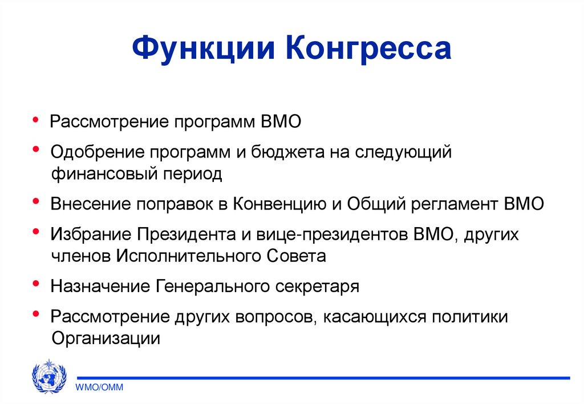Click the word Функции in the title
pyautogui.click(x=206, y=49)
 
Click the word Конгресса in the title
pyautogui.click(x=372, y=49)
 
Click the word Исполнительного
pyautogui.click(x=189, y=255)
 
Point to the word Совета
pyautogui.click(x=296, y=255)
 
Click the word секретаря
pyautogui.click(x=319, y=285)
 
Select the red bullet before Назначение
pyautogui.click(x=36, y=283)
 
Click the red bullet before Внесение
pyautogui.click(x=36, y=201)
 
